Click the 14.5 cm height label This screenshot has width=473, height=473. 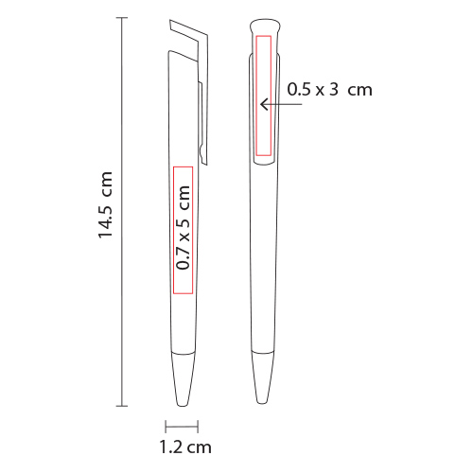(x=106, y=205)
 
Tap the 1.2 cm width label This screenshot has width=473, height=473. (x=185, y=447)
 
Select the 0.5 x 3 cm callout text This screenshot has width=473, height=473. (x=329, y=90)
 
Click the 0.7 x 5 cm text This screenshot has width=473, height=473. (x=184, y=227)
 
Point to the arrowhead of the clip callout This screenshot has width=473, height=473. (x=264, y=104)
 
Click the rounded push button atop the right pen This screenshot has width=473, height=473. (x=265, y=26)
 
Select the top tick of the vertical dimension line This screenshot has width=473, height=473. (x=122, y=18)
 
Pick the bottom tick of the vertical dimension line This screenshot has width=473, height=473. (x=122, y=406)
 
